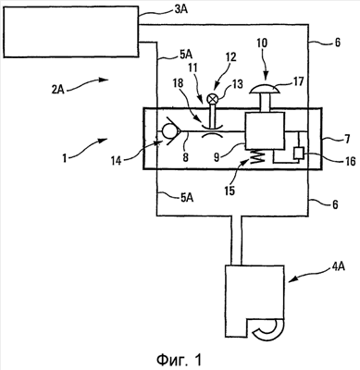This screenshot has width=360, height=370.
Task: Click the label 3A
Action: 180,10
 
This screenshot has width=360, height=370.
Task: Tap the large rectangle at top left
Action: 70,31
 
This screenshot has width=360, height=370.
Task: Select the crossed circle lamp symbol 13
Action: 212,99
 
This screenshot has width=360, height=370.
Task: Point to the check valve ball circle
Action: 170,131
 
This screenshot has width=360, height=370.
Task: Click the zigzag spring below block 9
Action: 258,155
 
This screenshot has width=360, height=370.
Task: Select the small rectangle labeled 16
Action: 299,153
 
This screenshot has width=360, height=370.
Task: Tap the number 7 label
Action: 347,140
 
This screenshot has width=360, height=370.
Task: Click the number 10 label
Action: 262,43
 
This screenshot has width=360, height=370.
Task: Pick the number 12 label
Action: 230,57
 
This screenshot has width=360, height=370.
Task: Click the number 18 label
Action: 179,83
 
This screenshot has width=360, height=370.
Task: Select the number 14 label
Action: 117,161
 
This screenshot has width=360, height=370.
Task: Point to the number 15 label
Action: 230,191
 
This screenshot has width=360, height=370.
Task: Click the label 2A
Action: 57,91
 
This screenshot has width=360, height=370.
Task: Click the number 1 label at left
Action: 64,159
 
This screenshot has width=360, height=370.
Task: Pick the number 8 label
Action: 185,157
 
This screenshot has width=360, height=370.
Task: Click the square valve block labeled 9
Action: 265,131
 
